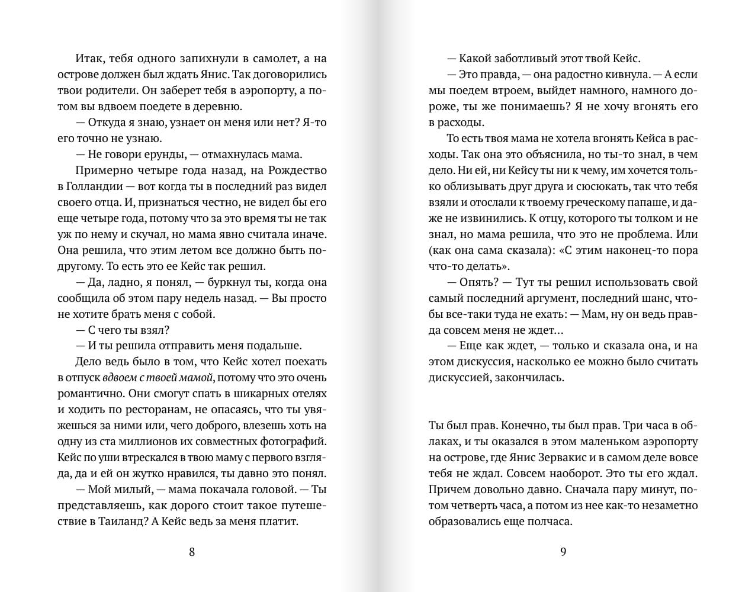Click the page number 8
[x=191, y=552]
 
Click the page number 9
[x=563, y=552]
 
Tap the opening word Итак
[x=89, y=59]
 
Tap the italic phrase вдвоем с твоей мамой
[x=158, y=378]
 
